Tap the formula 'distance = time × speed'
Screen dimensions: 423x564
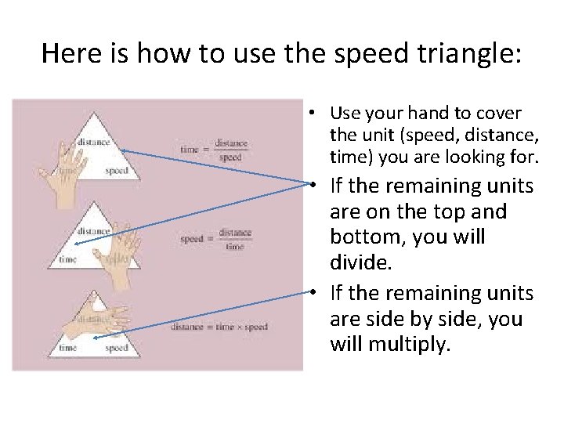(219, 327)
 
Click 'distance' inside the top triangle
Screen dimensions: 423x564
(93, 142)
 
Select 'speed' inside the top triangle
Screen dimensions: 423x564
(116, 170)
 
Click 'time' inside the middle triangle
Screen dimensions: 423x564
(68, 259)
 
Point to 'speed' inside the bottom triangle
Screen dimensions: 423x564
(116, 347)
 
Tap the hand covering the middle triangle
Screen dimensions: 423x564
(117, 244)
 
